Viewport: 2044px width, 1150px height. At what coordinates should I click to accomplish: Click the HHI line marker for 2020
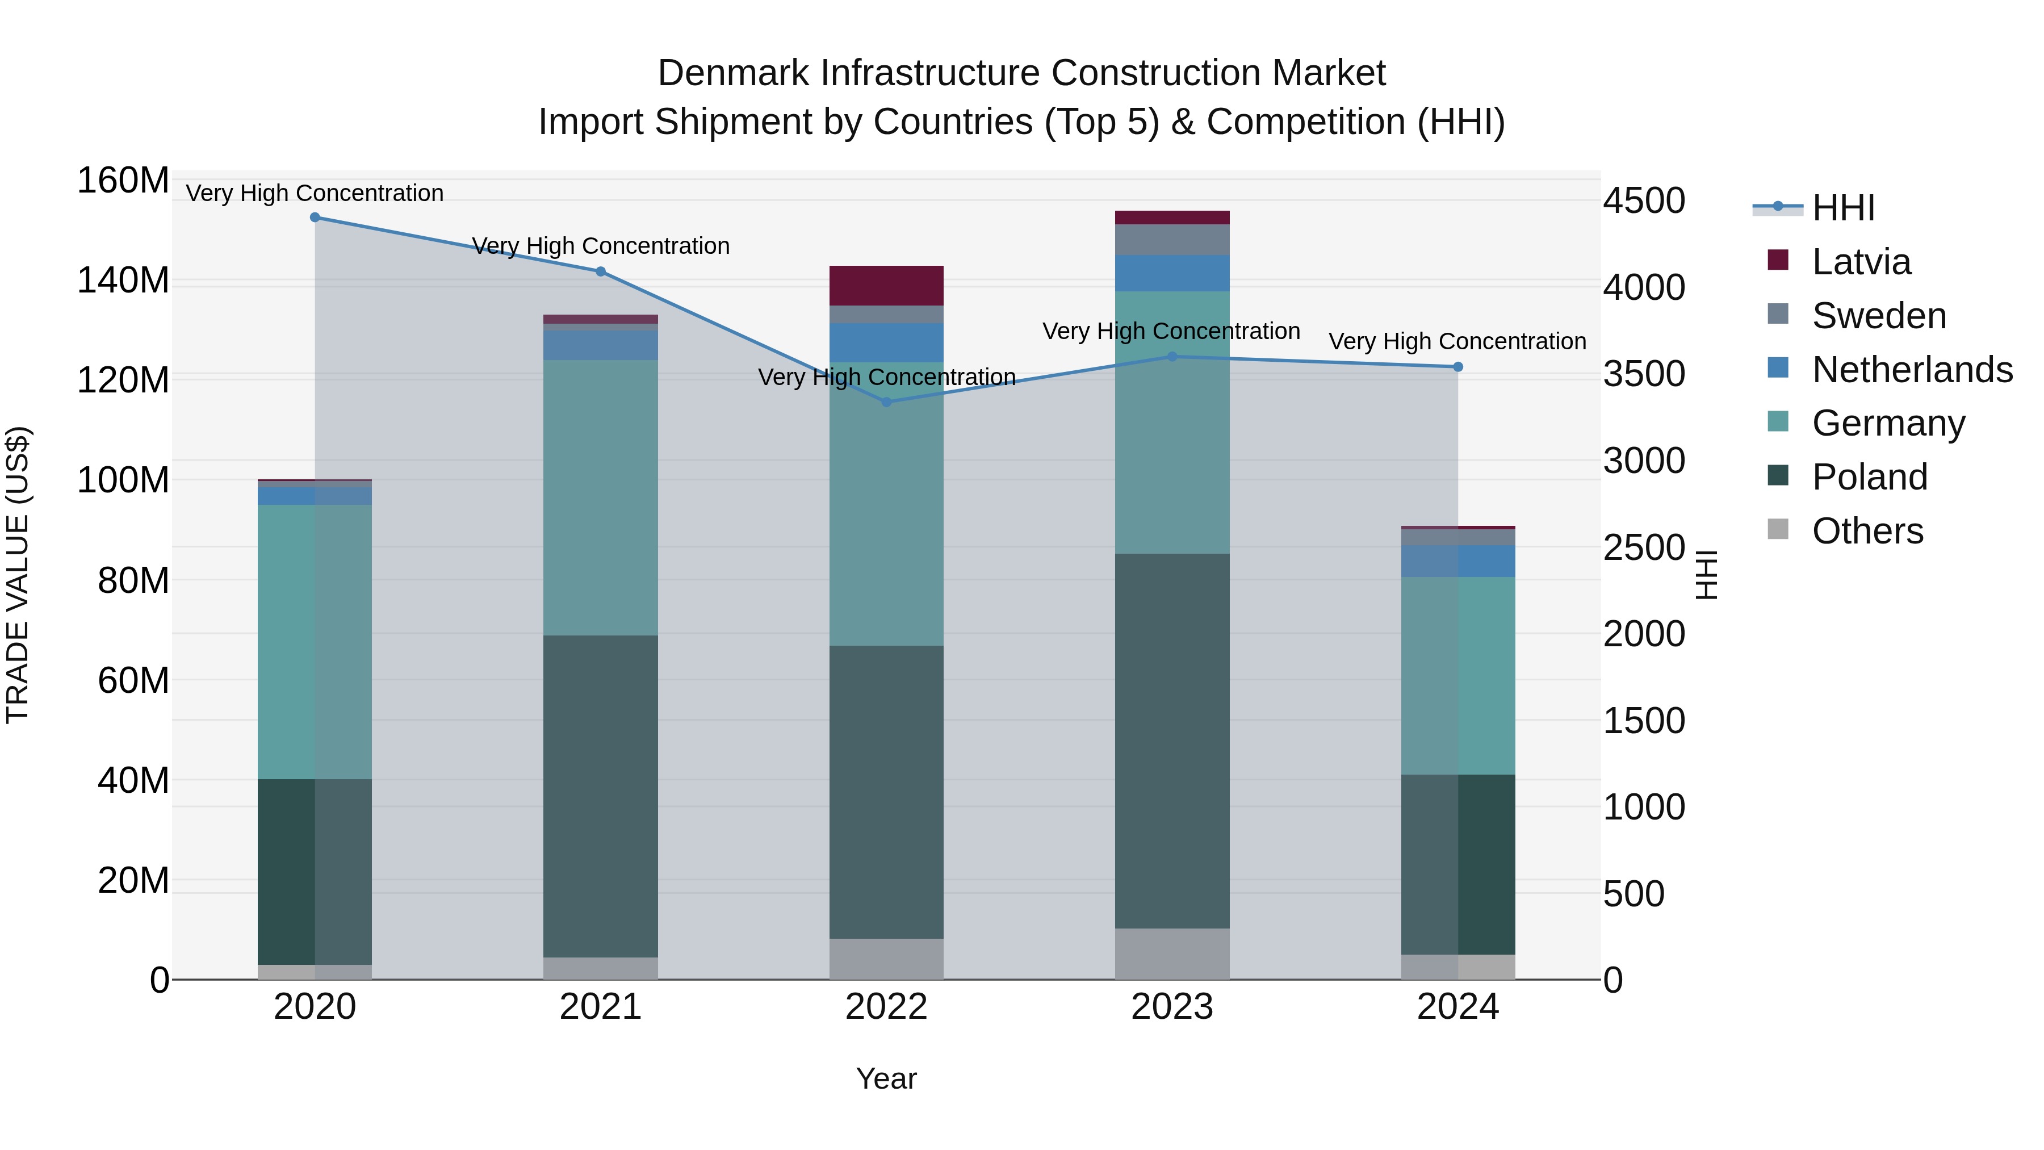tap(315, 218)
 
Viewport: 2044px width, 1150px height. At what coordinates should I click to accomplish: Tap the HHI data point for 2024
tap(1457, 367)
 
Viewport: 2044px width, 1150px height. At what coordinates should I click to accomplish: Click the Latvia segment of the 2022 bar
tap(886, 286)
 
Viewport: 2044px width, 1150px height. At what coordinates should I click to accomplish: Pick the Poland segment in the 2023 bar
tap(1172, 741)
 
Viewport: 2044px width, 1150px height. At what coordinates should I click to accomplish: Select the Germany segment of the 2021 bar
tap(601, 497)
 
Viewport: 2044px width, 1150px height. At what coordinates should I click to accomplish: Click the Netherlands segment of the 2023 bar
tap(1172, 273)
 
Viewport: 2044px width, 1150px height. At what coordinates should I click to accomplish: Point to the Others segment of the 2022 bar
tap(886, 959)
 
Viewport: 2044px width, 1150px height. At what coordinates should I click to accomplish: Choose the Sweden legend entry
tap(1878, 316)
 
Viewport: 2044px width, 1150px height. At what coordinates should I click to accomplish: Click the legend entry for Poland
tap(1869, 477)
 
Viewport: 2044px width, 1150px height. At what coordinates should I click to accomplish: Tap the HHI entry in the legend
tap(1842, 208)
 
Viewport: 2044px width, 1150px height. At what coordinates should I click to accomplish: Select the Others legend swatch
tap(1778, 529)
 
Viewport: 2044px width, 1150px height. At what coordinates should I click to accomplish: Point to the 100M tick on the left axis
tap(123, 480)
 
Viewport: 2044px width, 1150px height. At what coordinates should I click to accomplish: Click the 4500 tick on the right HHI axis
tap(1643, 201)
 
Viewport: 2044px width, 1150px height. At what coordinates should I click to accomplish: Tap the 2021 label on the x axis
tap(601, 1007)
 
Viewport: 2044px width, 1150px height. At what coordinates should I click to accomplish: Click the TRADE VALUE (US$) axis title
tap(18, 575)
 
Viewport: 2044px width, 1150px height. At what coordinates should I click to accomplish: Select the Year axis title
tap(886, 1078)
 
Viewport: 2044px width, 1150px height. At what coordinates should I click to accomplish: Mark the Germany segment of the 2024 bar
tap(1457, 675)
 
